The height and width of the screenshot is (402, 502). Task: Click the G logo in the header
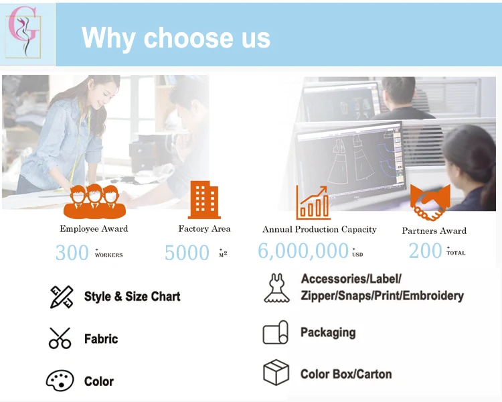click(x=24, y=33)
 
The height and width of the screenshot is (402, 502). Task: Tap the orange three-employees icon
click(x=94, y=201)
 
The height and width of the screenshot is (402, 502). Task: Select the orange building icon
click(x=204, y=200)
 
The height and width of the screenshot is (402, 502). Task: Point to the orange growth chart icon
click(x=313, y=202)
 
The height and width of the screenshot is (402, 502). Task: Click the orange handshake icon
click(x=430, y=202)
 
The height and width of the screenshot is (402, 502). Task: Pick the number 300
click(x=72, y=253)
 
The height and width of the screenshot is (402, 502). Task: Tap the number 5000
click(x=187, y=253)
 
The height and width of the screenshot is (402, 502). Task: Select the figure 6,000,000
click(x=303, y=251)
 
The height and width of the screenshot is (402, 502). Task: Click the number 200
click(x=425, y=251)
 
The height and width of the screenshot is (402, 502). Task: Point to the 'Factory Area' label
click(x=204, y=228)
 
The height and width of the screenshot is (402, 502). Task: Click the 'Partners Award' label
click(x=434, y=230)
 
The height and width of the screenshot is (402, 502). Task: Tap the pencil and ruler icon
click(x=62, y=297)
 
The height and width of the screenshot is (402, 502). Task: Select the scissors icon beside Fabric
click(x=60, y=338)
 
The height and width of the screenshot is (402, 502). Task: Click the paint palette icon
click(x=60, y=381)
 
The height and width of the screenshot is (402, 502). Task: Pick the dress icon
click(x=276, y=288)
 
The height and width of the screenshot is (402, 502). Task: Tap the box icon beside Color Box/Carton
click(x=276, y=373)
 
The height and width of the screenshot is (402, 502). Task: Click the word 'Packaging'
click(x=328, y=332)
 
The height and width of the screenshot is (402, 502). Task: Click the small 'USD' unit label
click(x=357, y=255)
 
